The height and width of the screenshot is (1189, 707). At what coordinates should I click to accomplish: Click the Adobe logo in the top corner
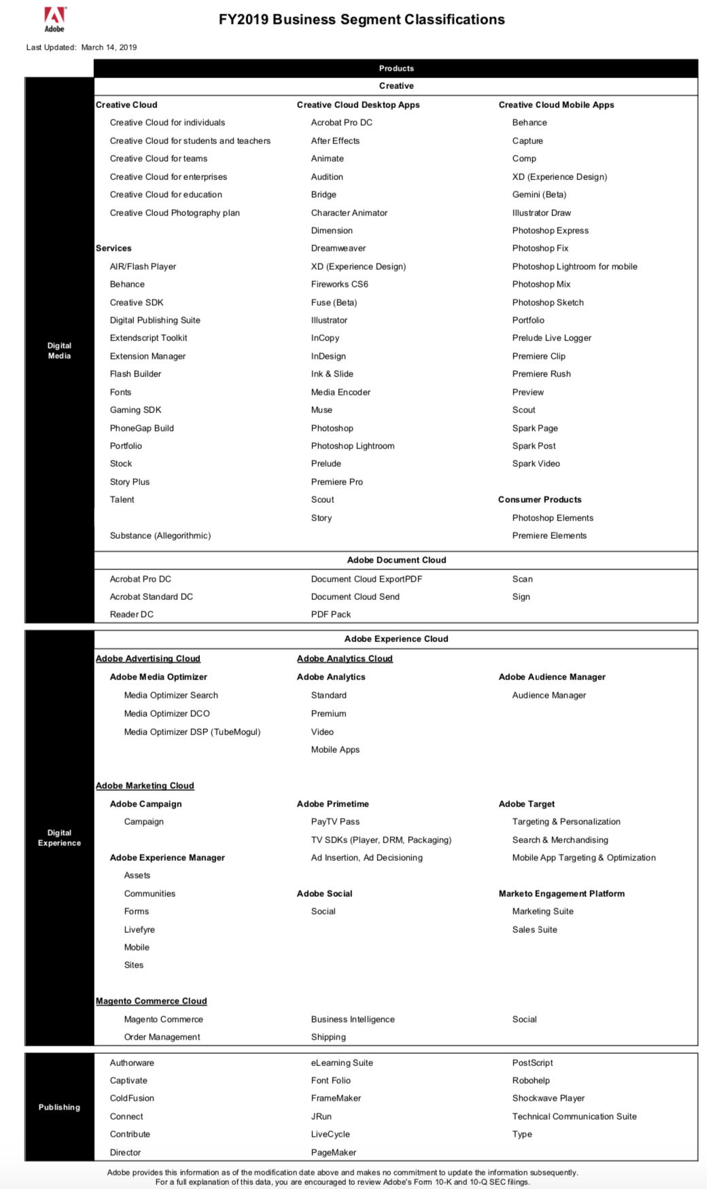54,19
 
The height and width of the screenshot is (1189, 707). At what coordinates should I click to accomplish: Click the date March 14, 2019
109,48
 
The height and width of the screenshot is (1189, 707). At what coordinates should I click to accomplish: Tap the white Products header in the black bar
396,69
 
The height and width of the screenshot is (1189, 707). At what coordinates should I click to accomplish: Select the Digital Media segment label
59,351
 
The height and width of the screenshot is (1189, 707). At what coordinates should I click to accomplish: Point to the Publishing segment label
59,1107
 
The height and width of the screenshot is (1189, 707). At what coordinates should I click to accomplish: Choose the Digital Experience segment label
59,838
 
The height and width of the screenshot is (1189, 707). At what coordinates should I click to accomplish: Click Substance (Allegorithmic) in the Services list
160,535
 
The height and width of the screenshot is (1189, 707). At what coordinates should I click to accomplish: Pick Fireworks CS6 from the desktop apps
339,284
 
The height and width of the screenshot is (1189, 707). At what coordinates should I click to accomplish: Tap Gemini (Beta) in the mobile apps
539,194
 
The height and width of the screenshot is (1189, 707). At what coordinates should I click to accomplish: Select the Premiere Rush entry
541,374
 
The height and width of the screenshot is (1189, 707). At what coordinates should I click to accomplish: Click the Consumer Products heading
540,499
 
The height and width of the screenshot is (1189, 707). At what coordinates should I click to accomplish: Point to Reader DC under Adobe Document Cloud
132,614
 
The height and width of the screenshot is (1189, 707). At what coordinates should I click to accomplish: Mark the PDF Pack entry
331,614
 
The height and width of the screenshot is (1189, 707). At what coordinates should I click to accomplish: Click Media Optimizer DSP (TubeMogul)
192,732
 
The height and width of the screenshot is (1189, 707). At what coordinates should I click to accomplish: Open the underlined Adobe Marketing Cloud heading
145,785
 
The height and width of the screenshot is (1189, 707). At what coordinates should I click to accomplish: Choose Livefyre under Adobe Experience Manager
139,929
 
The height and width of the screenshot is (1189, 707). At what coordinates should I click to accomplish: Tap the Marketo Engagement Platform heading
562,893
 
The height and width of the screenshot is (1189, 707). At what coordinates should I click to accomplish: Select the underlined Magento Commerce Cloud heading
151,1001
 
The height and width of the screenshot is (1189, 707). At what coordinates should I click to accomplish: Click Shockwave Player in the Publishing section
549,1098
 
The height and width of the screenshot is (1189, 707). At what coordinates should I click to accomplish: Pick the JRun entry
322,1116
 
